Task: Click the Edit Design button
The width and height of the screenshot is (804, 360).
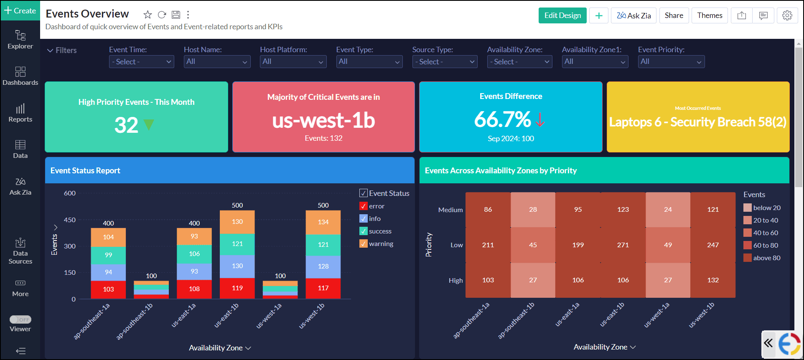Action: point(562,15)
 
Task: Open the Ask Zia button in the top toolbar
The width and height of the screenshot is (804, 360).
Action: point(634,15)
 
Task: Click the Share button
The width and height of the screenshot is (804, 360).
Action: point(674,15)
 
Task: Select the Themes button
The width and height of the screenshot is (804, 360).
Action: point(710,15)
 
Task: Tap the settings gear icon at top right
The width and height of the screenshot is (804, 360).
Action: point(787,15)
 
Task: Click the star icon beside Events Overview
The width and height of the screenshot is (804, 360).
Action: point(148,15)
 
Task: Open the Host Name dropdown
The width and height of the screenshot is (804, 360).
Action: point(217,62)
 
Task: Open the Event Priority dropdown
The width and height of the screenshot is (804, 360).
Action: point(671,62)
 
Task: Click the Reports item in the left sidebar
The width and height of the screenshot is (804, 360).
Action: point(20,113)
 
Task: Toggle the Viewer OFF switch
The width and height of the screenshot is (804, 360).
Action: point(20,319)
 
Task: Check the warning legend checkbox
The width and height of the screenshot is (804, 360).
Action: point(364,244)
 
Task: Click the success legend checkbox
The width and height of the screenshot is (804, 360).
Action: point(364,231)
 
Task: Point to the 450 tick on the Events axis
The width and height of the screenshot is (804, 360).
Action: point(70,220)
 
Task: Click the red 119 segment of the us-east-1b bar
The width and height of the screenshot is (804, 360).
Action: point(237,288)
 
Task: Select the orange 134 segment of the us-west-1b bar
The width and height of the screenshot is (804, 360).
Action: point(323,222)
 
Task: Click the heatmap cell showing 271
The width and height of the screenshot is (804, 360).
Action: point(623,245)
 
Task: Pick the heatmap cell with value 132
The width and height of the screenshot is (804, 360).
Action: point(712,280)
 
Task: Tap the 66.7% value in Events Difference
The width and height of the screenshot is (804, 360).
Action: point(502,120)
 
